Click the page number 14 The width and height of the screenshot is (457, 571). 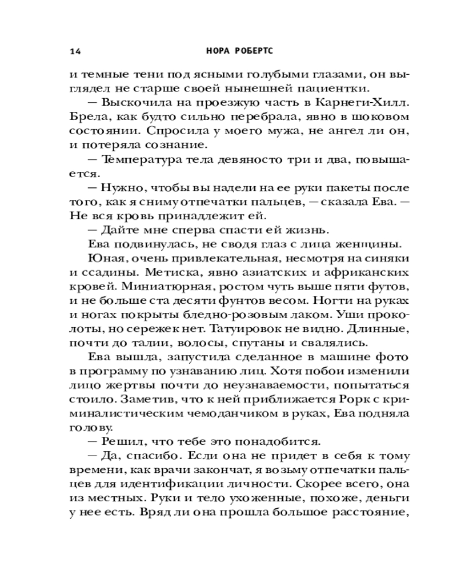pos(75,51)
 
